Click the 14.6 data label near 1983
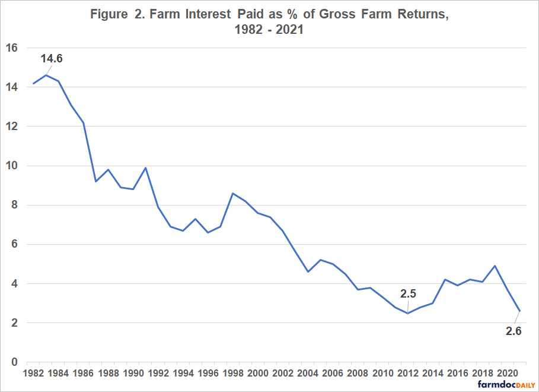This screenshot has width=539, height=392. (52, 59)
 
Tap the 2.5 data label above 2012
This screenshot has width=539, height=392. (408, 293)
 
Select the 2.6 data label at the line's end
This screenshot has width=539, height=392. (514, 331)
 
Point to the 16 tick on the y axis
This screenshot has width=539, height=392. (11, 48)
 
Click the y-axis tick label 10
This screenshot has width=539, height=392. (11, 166)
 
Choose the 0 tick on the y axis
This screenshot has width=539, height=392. (14, 362)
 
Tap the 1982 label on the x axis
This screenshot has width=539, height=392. (33, 373)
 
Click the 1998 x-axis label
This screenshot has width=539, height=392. (233, 373)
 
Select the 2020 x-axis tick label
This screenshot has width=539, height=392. (508, 373)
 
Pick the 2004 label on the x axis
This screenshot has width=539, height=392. (308, 373)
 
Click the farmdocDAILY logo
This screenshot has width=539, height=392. (506, 385)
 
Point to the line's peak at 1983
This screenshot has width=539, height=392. (46, 75)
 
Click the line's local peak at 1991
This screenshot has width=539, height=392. (146, 167)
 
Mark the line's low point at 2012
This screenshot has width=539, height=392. (408, 313)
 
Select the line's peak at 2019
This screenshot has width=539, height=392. (495, 266)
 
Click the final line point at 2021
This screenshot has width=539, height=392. (520, 311)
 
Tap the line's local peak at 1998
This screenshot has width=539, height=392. (233, 193)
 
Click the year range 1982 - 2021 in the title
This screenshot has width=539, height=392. (269, 29)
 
